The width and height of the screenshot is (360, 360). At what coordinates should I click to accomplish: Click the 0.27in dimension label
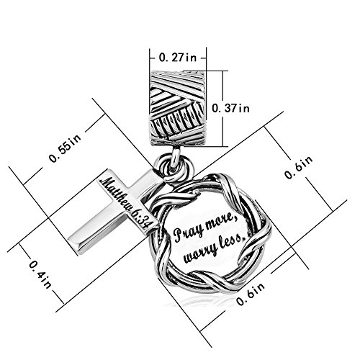click(178, 58)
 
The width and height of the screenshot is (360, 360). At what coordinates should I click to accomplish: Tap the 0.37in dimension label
click(231, 108)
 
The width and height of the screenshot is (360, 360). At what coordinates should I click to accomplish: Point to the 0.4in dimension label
click(40, 274)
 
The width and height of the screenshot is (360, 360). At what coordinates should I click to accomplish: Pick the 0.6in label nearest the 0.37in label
click(299, 167)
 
